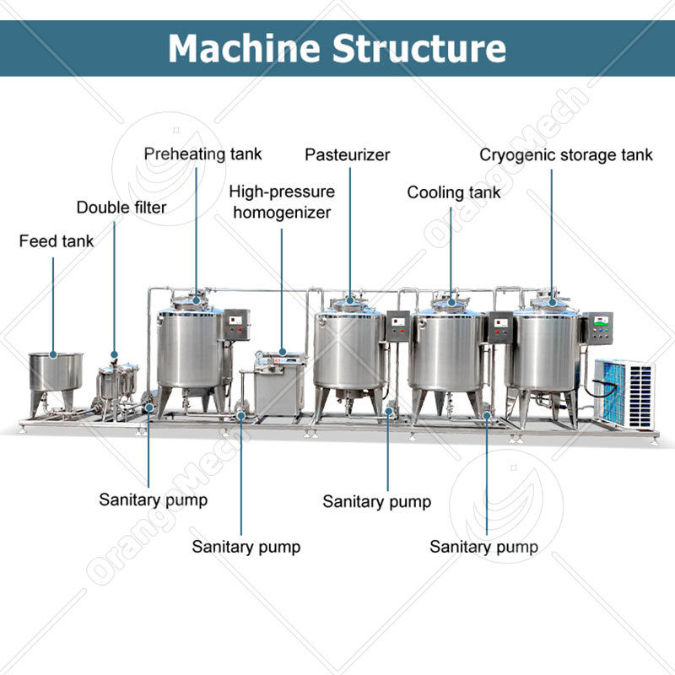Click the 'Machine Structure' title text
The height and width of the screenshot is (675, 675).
click(x=337, y=48)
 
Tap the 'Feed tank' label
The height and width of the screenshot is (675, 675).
click(x=57, y=242)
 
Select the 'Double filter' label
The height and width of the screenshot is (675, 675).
click(x=121, y=208)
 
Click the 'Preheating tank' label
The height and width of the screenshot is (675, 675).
click(x=202, y=154)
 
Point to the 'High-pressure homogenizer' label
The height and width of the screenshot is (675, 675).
click(x=282, y=202)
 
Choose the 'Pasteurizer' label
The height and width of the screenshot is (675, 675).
click(x=348, y=155)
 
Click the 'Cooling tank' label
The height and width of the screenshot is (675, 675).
click(x=453, y=192)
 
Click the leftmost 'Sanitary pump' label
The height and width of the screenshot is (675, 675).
click(x=153, y=499)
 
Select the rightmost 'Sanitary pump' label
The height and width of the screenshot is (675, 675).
click(x=483, y=547)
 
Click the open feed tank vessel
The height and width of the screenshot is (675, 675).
click(x=56, y=372)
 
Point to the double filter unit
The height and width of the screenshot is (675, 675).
click(x=116, y=384)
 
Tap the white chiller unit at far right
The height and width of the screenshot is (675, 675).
click(x=624, y=391)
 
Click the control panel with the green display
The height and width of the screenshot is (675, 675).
click(x=602, y=327)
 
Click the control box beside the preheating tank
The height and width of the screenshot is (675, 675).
click(x=238, y=325)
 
